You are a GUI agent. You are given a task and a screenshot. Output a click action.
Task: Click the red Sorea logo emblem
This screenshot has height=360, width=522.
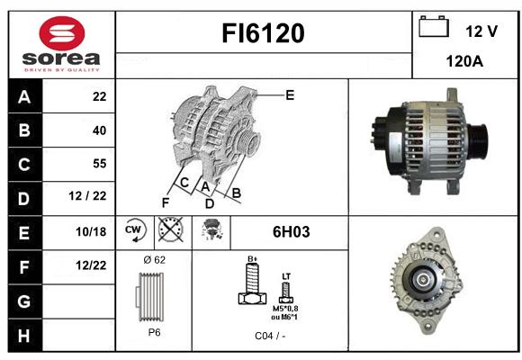click(61, 33)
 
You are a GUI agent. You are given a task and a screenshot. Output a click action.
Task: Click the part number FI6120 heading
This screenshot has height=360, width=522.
click(263, 33)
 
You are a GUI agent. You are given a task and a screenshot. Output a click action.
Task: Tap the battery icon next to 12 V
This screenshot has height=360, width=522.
click(434, 27)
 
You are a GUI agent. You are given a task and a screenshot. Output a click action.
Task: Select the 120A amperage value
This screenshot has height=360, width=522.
click(464, 61)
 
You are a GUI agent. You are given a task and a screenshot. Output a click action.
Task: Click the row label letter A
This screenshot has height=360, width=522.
click(24, 97)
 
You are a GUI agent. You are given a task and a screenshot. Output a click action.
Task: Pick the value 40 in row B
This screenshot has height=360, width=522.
click(99, 130)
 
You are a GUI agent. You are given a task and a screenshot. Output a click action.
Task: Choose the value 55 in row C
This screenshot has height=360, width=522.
click(100, 164)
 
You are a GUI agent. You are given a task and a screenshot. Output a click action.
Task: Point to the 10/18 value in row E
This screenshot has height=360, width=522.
click(91, 231)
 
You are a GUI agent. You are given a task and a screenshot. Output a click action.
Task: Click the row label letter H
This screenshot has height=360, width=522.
click(24, 336)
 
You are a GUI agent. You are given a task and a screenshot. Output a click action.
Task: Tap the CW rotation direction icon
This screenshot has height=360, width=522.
click(135, 229)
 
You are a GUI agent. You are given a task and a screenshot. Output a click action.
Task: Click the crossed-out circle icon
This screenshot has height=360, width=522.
click(171, 229)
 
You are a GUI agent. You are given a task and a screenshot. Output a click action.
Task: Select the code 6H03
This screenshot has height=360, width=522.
click(291, 232)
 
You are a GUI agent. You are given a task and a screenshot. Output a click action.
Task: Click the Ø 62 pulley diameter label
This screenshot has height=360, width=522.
click(154, 260)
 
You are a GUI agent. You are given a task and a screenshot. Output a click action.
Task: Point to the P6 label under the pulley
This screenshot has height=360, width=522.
click(154, 332)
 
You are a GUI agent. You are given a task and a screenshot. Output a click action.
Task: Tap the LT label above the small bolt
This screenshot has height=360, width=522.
click(286, 276)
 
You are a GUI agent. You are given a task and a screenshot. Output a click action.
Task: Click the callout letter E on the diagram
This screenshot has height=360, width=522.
click(290, 95)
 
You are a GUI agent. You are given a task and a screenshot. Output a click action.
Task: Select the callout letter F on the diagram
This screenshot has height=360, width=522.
click(166, 202)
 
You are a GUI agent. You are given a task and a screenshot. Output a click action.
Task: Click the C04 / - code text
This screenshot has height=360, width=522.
click(270, 336)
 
